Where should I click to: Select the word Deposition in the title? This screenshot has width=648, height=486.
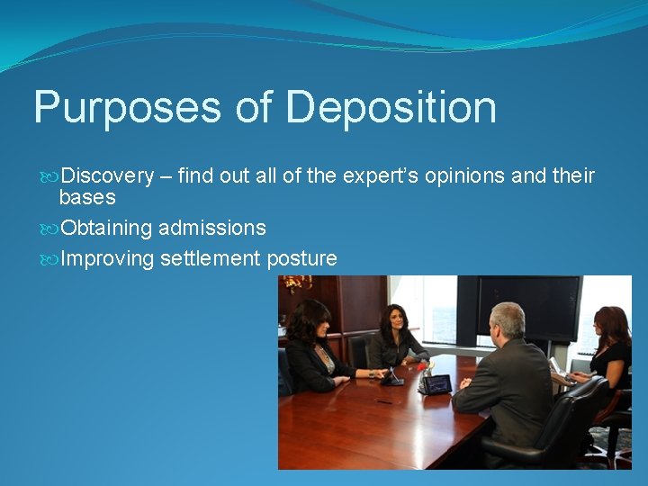click(391, 108)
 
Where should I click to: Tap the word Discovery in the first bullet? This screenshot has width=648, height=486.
click(107, 175)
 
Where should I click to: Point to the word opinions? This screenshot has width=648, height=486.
click(463, 175)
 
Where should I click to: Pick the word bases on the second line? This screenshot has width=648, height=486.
click(87, 197)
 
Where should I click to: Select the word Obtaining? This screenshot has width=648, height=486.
click(107, 229)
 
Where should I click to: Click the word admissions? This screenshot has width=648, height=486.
click(212, 229)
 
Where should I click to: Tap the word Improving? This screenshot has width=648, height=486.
click(108, 259)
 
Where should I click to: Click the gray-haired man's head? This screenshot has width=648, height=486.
click(507, 320)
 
